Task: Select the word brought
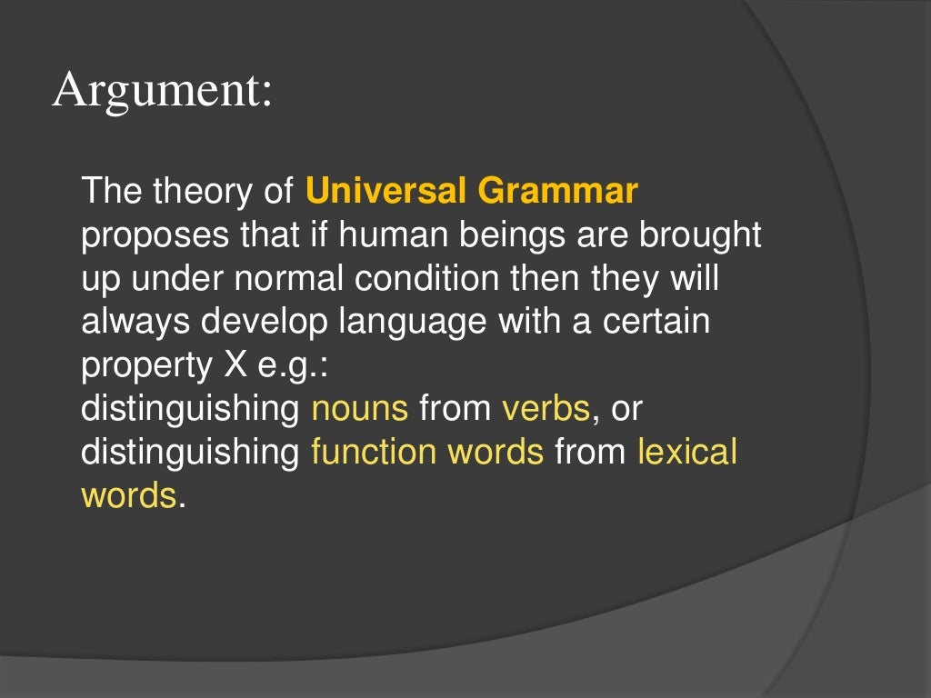[x=700, y=235]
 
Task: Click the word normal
[x=286, y=279]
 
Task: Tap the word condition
[x=426, y=279]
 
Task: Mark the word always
[x=134, y=323]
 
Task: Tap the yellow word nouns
[x=359, y=409]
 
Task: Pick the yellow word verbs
[x=546, y=409]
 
